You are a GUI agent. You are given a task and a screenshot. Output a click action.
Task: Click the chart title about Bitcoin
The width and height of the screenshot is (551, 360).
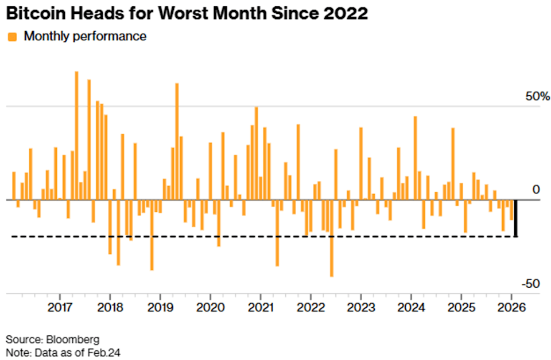click(187, 13)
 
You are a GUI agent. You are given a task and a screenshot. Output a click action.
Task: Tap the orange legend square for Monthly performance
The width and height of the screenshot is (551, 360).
click(11, 37)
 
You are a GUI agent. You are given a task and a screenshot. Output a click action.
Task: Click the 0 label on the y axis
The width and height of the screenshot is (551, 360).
click(536, 189)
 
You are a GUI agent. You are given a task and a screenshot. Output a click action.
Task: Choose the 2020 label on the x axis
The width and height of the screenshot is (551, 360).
click(210, 307)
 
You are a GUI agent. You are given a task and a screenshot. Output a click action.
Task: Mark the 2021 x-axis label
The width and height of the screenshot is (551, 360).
click(260, 307)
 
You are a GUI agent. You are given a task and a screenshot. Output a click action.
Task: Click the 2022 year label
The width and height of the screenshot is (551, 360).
click(310, 307)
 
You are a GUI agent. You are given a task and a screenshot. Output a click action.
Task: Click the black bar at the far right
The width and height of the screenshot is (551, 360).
click(515, 218)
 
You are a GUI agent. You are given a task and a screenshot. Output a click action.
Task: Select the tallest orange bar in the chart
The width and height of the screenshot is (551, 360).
click(76, 136)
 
